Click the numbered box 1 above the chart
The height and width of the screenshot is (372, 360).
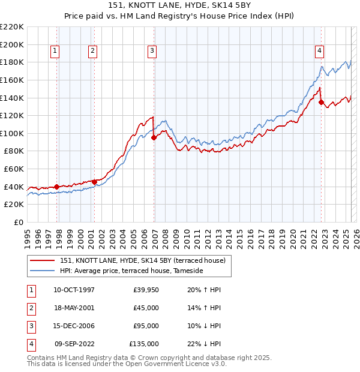pyautogui.click(x=55, y=51)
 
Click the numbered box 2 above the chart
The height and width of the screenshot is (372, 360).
pyautogui.click(x=93, y=51)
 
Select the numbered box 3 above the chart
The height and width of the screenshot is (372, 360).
pyautogui.click(x=152, y=51)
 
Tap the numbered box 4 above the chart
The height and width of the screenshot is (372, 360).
pyautogui.click(x=320, y=51)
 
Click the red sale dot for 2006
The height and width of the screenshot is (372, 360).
pyautogui.click(x=154, y=137)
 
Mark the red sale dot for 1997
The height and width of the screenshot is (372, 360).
pyautogui.click(x=57, y=187)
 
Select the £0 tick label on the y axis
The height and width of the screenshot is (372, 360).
pyautogui.click(x=17, y=223)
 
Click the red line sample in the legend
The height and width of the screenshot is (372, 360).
pyautogui.click(x=43, y=260)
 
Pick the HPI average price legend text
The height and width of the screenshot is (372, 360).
pyautogui.click(x=131, y=271)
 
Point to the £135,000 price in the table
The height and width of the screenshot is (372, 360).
pyautogui.click(x=144, y=344)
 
